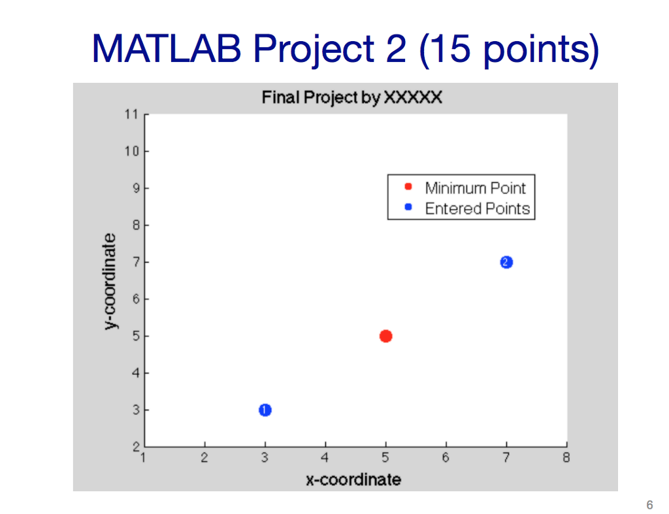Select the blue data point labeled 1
265,410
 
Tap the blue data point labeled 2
506,263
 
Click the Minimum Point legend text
475,188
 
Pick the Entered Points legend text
477,209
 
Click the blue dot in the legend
408,208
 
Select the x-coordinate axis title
353,480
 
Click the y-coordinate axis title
111,281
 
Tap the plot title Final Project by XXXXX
352,98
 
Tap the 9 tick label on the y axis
134,188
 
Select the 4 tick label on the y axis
134,374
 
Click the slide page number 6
649,504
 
